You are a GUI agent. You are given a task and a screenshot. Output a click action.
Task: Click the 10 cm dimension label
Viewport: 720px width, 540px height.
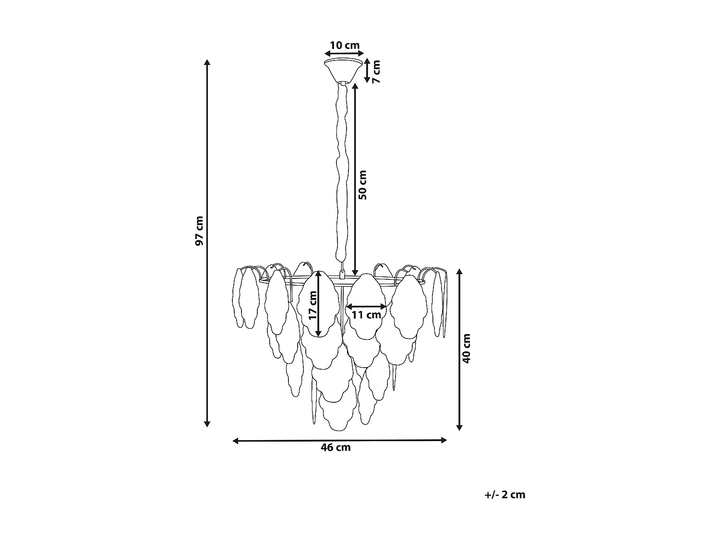(x=345, y=45)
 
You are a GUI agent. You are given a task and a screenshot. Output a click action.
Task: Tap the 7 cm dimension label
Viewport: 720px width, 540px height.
(x=376, y=72)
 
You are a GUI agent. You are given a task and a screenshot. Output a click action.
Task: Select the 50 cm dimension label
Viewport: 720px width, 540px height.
(x=362, y=185)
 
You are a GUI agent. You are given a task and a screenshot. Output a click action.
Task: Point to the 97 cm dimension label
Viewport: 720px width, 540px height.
(x=199, y=231)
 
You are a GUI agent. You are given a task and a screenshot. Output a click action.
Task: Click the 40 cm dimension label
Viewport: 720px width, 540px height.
(x=466, y=348)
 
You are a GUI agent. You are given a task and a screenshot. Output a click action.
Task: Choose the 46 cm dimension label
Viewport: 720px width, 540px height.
(x=336, y=447)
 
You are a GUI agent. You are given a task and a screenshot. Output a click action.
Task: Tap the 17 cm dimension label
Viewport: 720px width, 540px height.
(x=313, y=305)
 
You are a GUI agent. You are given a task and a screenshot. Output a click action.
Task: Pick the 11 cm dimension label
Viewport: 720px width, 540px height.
(x=366, y=315)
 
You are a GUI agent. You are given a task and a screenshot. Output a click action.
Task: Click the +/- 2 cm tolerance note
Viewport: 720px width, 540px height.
(x=505, y=495)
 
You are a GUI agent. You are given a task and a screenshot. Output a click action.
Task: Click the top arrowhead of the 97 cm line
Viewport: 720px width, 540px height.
(x=207, y=62)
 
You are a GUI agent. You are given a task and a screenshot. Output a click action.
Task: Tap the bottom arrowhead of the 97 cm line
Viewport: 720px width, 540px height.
(x=207, y=424)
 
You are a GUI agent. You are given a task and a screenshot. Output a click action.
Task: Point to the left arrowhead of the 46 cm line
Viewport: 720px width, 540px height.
(x=236, y=441)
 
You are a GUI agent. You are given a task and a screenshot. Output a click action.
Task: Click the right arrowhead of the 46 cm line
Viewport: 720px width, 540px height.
(x=444, y=440)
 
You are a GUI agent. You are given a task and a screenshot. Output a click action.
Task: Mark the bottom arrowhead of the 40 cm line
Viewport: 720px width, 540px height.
(x=459, y=427)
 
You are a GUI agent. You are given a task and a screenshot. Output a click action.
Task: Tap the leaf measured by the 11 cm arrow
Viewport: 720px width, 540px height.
(x=366, y=307)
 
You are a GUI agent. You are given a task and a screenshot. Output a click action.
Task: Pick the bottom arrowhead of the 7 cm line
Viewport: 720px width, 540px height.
(x=367, y=79)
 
